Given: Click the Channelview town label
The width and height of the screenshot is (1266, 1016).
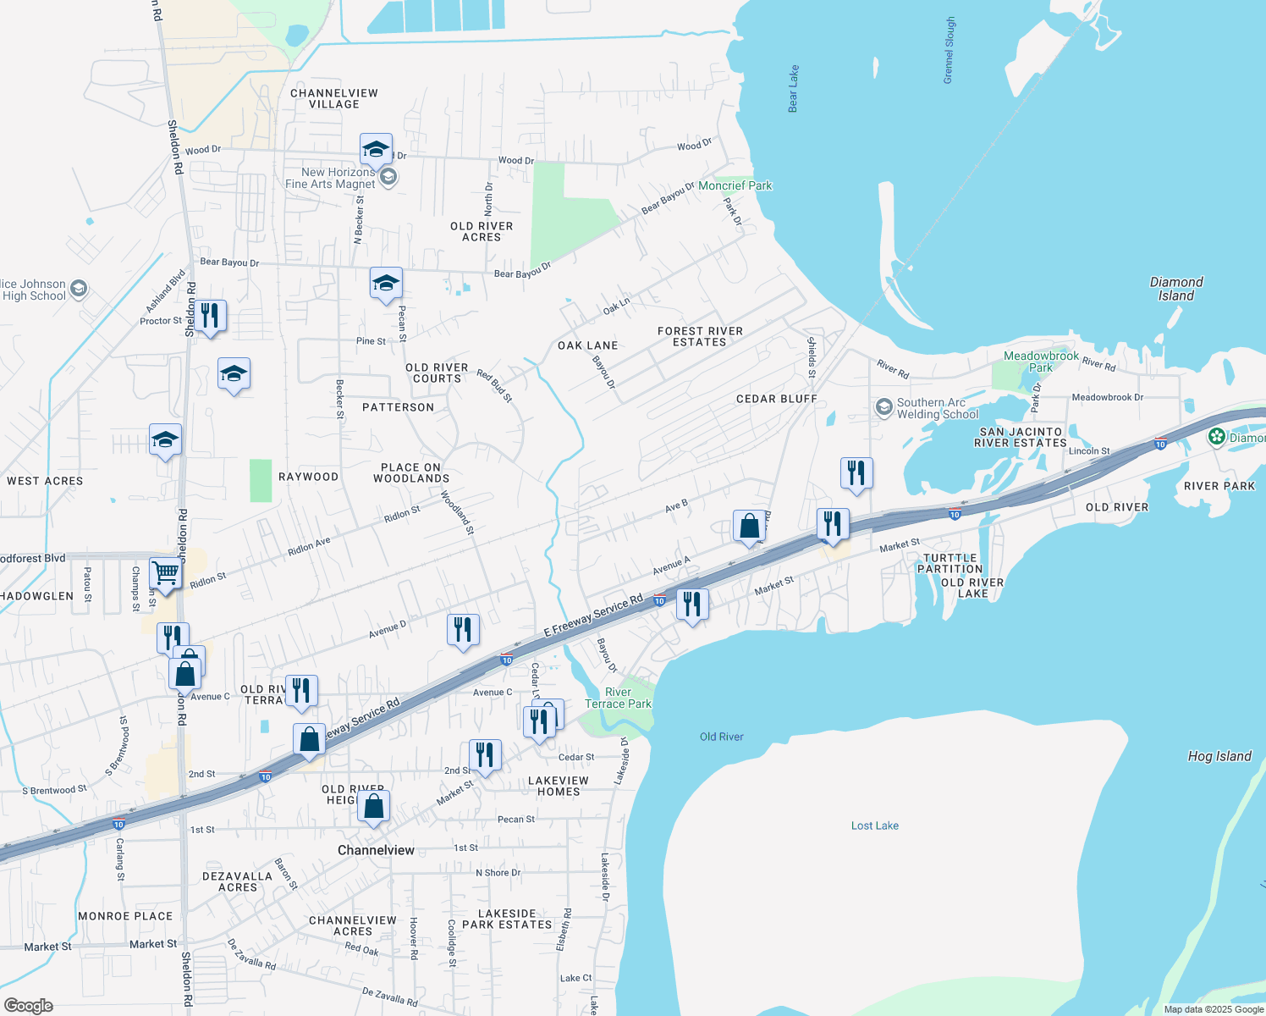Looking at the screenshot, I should click(x=376, y=850).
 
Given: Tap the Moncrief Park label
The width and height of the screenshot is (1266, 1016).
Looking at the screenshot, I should click(x=735, y=185).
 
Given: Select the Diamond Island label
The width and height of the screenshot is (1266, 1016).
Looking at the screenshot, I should click(x=1175, y=289).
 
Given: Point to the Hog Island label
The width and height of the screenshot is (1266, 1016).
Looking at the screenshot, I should click(x=1219, y=756).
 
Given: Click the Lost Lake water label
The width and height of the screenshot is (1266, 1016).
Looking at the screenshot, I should click(x=874, y=825).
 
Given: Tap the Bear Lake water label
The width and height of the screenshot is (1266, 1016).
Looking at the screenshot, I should click(x=793, y=88).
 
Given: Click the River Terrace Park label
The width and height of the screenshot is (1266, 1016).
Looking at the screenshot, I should click(x=618, y=698).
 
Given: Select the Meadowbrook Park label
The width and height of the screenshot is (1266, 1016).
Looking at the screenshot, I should click(x=1041, y=362).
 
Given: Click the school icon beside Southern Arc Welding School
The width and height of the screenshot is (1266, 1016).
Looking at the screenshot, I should click(x=883, y=408).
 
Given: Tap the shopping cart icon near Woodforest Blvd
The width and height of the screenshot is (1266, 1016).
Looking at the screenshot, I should click(x=166, y=572).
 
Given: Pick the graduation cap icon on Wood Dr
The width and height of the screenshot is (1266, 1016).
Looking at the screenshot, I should click(x=376, y=149).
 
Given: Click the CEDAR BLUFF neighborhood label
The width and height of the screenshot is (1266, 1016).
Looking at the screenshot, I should click(x=776, y=399).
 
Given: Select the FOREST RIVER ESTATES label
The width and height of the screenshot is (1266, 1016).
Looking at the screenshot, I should click(x=700, y=336).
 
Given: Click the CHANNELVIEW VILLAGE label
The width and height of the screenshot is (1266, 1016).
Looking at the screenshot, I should click(x=333, y=98).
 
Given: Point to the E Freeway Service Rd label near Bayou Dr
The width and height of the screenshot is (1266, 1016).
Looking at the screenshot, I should click(x=593, y=616).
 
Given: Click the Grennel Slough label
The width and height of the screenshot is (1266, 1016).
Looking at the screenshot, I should click(x=950, y=50).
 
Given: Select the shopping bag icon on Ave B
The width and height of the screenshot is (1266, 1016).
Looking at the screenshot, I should click(x=750, y=526).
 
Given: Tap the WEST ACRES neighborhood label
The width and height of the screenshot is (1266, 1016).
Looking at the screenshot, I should click(x=45, y=481).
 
